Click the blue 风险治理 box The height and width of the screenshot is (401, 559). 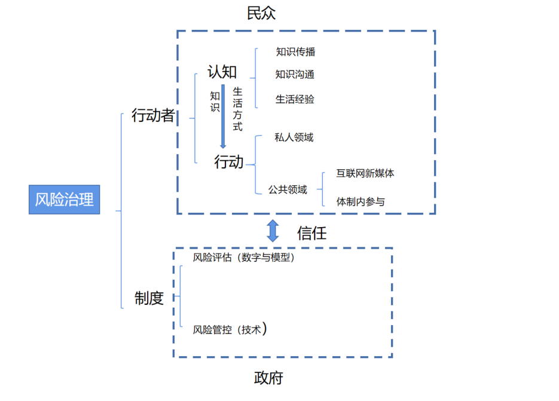click(65, 200)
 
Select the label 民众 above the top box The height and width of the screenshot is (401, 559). click(261, 13)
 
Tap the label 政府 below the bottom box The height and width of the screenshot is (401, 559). click(268, 378)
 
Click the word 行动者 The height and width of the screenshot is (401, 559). click(152, 116)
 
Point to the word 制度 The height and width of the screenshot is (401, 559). click(149, 299)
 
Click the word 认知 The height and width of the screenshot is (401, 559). click(222, 72)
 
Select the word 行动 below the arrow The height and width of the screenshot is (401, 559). click(229, 161)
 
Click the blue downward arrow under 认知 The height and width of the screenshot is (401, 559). click(223, 117)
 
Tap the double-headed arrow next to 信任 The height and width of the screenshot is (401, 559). click(273, 231)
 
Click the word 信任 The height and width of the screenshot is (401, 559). click(311, 233)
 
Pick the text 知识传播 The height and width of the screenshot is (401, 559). click(295, 52)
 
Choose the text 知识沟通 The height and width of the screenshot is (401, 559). click(295, 75)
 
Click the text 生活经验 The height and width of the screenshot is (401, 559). click(295, 99)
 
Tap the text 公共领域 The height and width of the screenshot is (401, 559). click(288, 189)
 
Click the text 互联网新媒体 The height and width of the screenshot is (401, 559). click(365, 173)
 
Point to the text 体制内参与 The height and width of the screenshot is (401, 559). click(361, 201)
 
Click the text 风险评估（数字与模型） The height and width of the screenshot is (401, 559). click(243, 258)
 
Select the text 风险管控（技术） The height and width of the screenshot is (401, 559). click(230, 329)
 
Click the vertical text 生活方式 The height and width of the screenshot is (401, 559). click(237, 109)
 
